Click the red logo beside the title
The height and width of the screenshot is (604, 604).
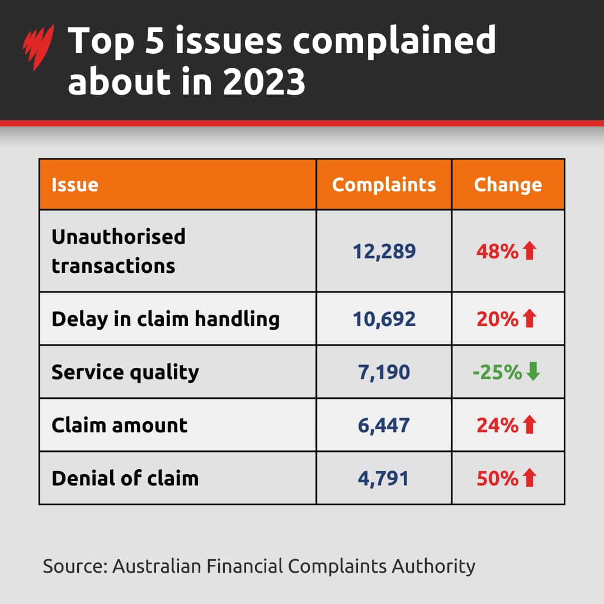coord(38,48)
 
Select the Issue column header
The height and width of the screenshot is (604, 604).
coord(75,185)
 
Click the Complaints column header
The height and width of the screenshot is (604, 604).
coord(384,185)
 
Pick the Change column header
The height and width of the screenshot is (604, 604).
coord(508,185)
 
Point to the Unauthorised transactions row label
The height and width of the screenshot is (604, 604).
coord(119,251)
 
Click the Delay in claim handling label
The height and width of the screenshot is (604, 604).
coord(166,319)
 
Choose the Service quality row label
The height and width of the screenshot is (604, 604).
coord(125,372)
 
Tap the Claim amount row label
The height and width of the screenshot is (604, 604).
coord(120,425)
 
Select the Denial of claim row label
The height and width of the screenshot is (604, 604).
coord(125,478)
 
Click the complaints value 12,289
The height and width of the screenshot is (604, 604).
coord(384,251)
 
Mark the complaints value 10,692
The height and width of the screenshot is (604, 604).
coord(384,319)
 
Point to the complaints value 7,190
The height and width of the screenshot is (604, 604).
coord(384,372)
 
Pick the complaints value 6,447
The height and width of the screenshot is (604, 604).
coord(384,425)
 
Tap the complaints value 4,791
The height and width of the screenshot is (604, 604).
coord(384,478)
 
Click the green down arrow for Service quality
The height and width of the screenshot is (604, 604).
coord(534,372)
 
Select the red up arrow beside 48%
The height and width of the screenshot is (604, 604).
coord(530,251)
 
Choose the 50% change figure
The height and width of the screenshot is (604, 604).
coord(498,478)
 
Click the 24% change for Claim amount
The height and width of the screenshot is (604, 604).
coord(498,425)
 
